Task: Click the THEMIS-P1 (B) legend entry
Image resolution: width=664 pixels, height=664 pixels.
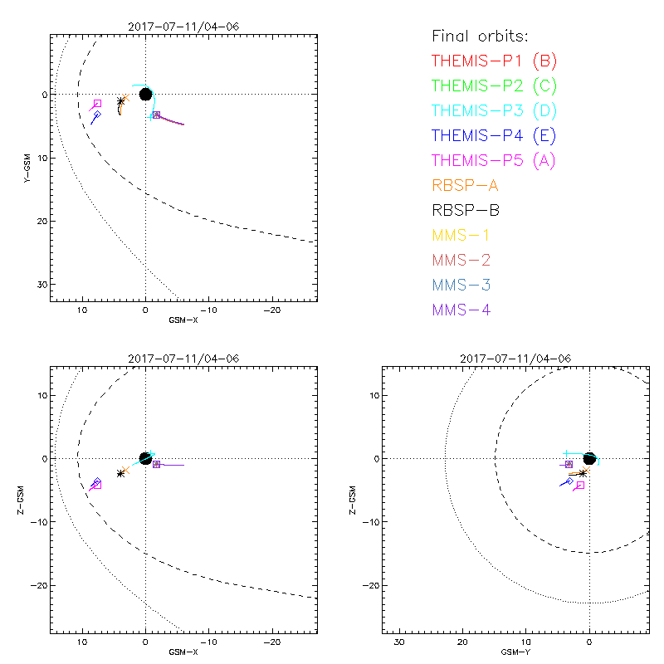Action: (494, 61)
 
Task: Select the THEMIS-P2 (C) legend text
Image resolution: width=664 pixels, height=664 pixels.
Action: (494, 85)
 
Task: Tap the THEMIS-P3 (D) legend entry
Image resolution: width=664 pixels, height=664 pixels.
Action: (494, 110)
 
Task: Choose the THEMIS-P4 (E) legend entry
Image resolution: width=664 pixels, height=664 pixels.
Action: (494, 135)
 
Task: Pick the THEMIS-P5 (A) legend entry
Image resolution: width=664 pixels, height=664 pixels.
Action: (494, 160)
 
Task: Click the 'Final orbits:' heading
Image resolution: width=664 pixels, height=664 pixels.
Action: (480, 36)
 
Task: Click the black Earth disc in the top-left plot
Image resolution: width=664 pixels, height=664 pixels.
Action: (146, 94)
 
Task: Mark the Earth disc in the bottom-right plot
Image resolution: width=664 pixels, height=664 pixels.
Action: (589, 458)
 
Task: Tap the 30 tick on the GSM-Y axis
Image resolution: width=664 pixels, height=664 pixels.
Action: (399, 643)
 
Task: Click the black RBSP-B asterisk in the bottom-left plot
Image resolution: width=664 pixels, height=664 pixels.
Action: (121, 473)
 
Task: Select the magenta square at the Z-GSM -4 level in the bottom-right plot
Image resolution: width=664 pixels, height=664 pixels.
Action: (580, 485)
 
